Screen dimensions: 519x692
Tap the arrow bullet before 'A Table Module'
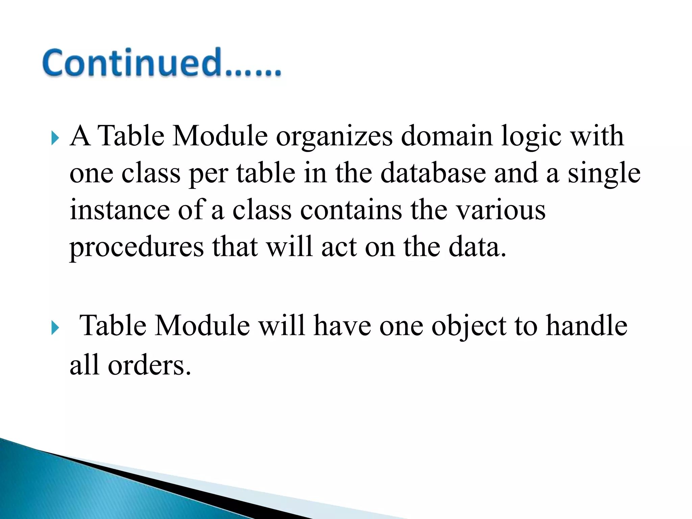[x=55, y=138]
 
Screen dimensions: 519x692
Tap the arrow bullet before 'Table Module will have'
[x=55, y=327]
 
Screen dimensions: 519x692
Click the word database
[x=433, y=173]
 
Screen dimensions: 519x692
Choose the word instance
[x=120, y=210]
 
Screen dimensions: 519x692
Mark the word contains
[x=351, y=210]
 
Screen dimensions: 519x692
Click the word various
[x=501, y=210]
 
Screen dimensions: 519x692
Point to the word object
[x=469, y=326]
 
